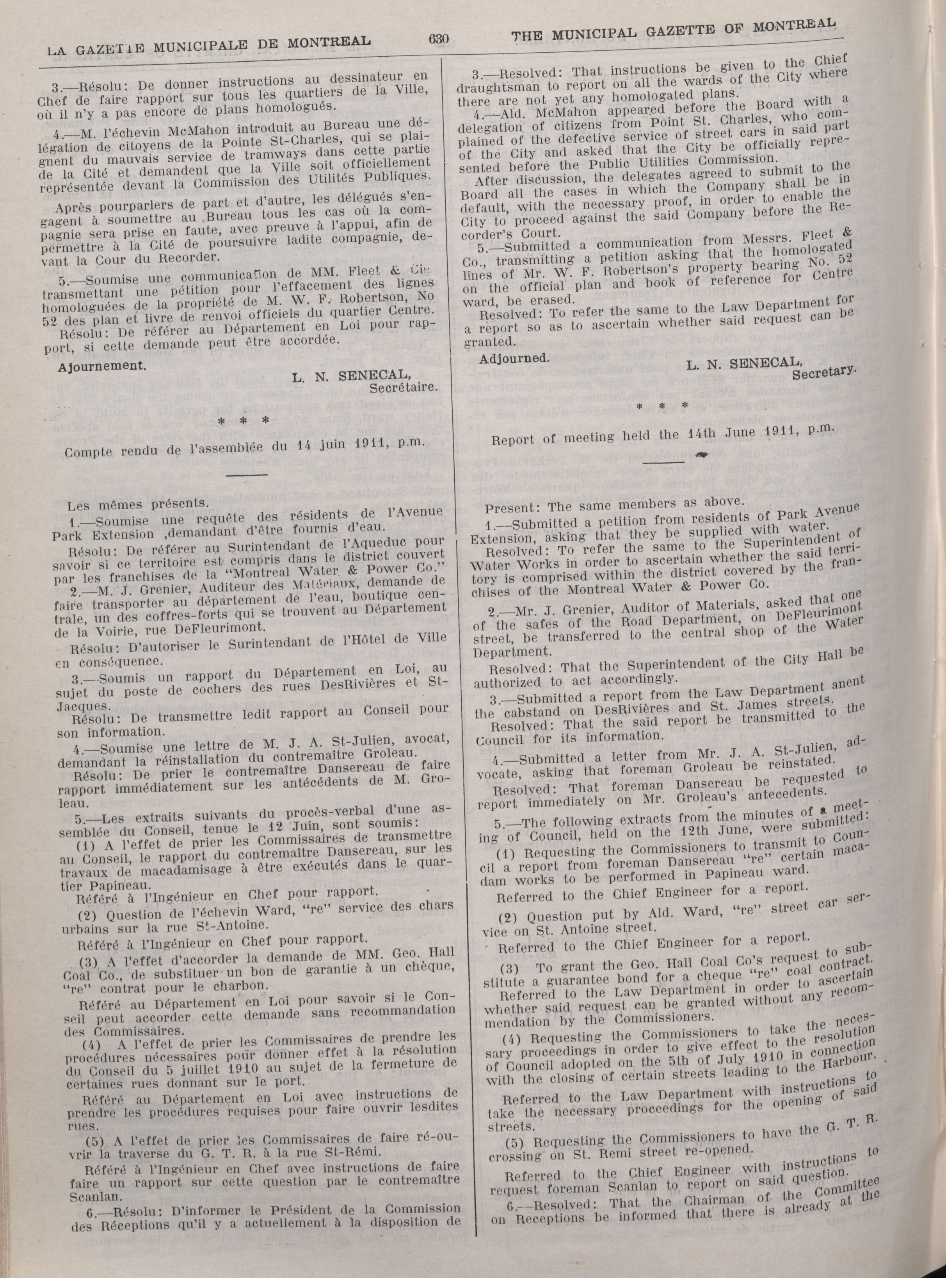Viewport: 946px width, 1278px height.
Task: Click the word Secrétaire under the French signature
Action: [x=404, y=388]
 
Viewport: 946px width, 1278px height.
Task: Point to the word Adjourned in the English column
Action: [x=514, y=358]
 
